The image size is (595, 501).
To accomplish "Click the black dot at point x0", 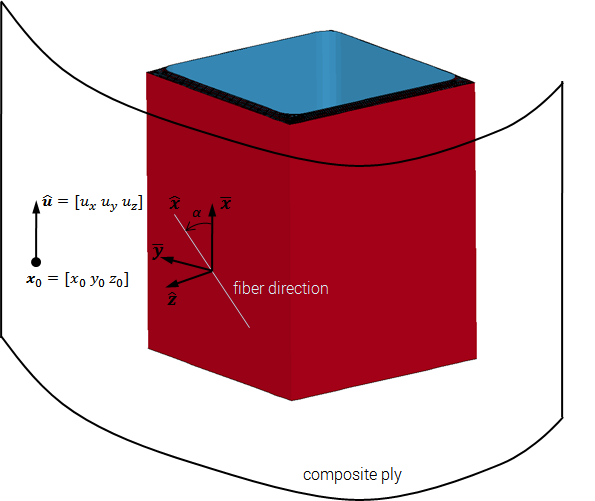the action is click(36, 262).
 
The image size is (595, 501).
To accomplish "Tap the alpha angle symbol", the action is click(197, 213).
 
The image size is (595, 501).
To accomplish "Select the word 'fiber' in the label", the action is click(249, 288).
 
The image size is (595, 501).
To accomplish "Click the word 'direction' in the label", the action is click(298, 288).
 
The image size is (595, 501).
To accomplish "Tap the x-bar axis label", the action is click(226, 204).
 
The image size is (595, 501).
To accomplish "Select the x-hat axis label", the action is click(175, 203).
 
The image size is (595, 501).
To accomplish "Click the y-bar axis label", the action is click(157, 252).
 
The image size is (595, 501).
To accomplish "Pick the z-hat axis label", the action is click(172, 299).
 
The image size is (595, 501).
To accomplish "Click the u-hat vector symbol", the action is click(47, 200).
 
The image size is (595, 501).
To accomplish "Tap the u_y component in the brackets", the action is click(109, 204).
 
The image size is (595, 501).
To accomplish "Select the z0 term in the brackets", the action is click(116, 280).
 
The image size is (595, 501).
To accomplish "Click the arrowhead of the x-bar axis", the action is click(212, 210).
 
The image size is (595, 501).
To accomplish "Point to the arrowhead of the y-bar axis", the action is click(168, 260).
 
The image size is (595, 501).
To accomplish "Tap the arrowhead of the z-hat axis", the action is click(173, 284).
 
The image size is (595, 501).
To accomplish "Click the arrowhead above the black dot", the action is click(36, 207).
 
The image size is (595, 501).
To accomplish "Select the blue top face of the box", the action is click(310, 72).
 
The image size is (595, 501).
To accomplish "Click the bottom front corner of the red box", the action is click(292, 400).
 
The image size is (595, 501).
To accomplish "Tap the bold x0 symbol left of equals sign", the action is click(34, 280).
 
